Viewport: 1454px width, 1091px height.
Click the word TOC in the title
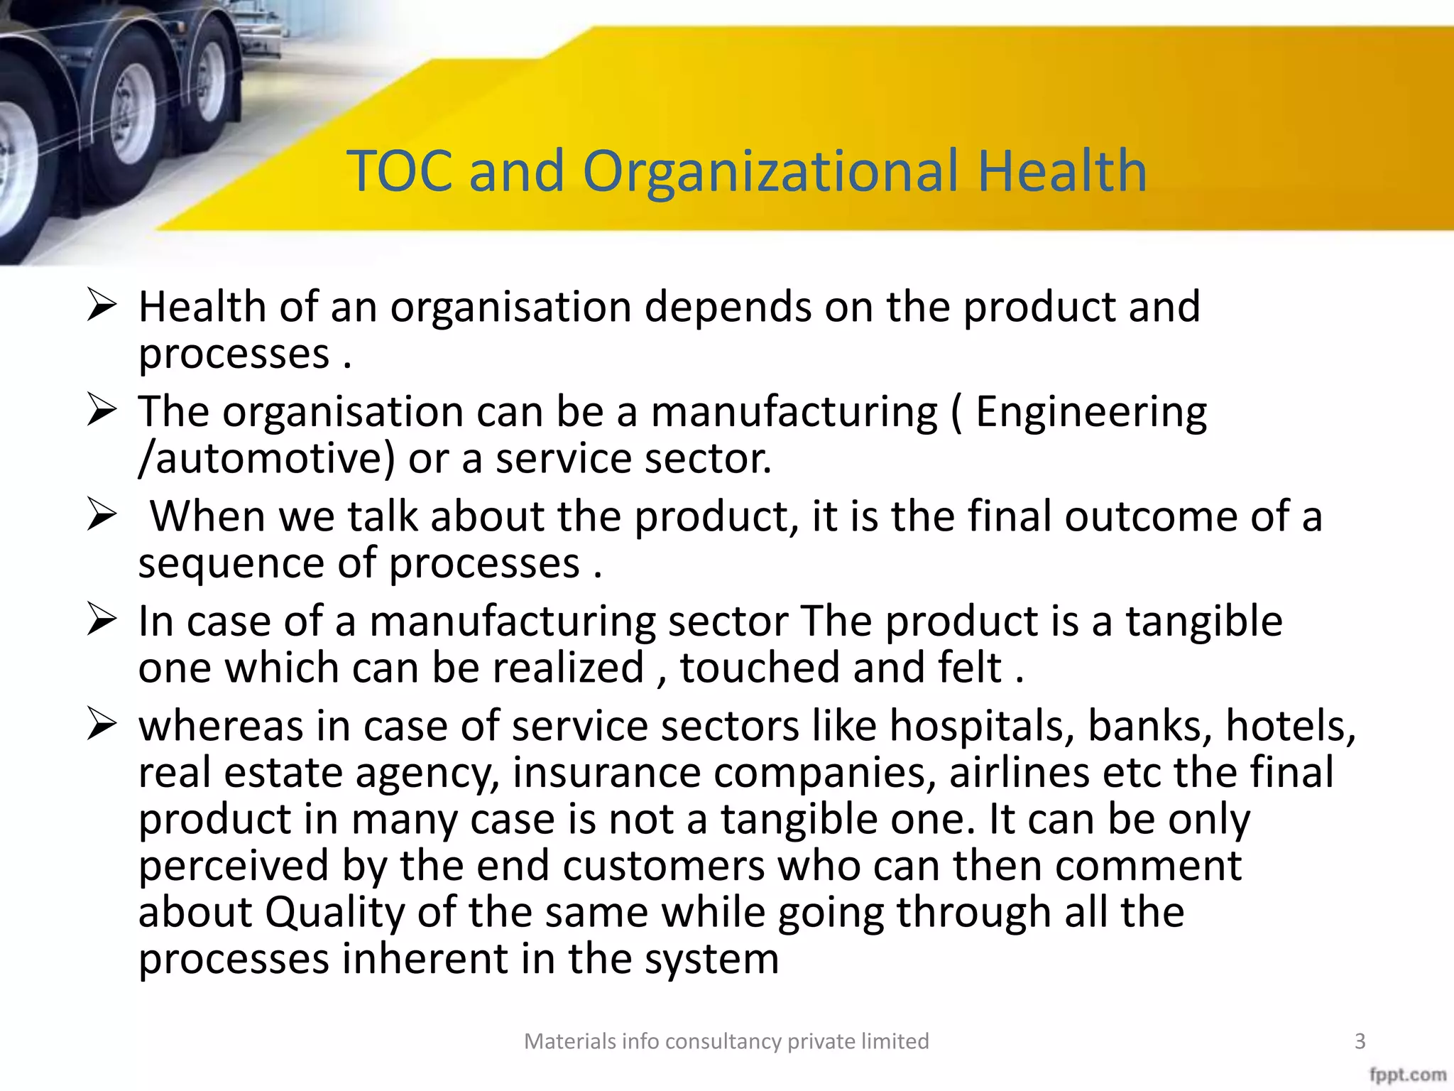pyautogui.click(x=400, y=171)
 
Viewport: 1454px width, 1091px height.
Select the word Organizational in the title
pyautogui.click(x=772, y=173)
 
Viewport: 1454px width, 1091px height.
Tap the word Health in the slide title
pyautogui.click(x=1062, y=171)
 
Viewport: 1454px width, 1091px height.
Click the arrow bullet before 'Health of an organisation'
pyautogui.click(x=102, y=306)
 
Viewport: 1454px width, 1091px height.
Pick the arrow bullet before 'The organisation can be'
pyautogui.click(x=102, y=411)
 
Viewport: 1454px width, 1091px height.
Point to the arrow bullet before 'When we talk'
pyautogui.click(x=102, y=515)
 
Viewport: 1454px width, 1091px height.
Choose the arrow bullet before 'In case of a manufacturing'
pyautogui.click(x=102, y=620)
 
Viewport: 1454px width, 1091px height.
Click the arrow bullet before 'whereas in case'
pyautogui.click(x=102, y=725)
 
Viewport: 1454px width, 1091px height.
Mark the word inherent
pyautogui.click(x=425, y=959)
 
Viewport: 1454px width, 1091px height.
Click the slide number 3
pyautogui.click(x=1360, y=1041)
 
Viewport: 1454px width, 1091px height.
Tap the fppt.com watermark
pyautogui.click(x=1407, y=1075)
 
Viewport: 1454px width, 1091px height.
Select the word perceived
pyautogui.click(x=234, y=867)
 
